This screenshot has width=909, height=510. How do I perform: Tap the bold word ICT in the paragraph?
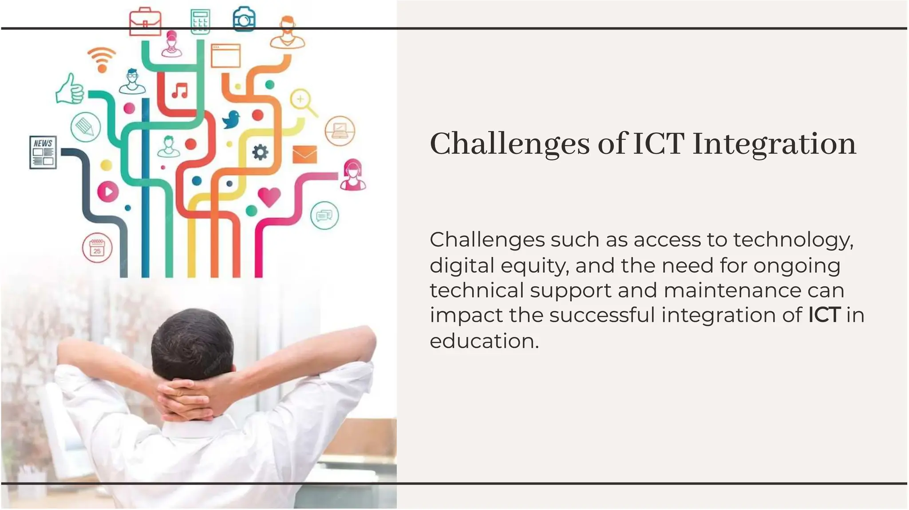point(824,315)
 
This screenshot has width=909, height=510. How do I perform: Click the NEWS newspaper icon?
point(43,152)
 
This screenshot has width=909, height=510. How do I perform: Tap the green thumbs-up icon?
point(70,90)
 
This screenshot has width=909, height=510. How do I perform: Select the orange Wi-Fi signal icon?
point(102,59)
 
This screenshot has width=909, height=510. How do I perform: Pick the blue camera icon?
point(244,19)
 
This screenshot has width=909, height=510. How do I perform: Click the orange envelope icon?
point(304,154)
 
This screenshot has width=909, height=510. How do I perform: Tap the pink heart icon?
point(269,196)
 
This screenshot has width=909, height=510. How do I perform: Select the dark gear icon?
point(260,152)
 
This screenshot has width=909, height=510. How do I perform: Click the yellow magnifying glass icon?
point(303,102)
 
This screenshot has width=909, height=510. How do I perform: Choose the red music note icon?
point(180,91)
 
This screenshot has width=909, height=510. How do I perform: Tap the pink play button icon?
point(107,192)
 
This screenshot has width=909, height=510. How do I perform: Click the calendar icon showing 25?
point(97,248)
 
